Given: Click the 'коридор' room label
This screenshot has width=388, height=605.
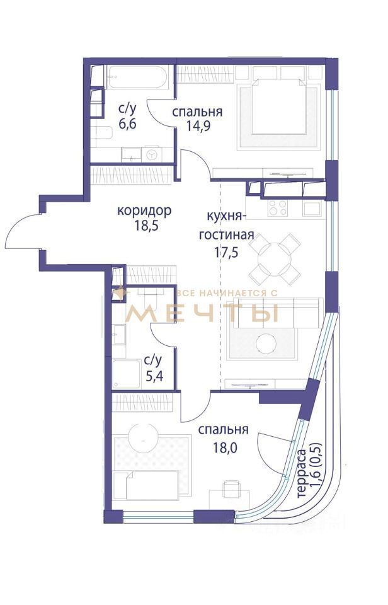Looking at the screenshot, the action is (144, 211).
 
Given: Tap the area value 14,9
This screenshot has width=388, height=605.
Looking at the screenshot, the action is (198, 127).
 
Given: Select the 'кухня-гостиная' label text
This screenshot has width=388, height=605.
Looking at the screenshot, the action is (226, 226).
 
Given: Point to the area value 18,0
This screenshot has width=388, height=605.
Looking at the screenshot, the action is (225, 447).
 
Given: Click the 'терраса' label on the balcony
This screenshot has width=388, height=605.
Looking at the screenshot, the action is (302, 473).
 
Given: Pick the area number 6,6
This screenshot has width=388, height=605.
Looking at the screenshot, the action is (127, 125).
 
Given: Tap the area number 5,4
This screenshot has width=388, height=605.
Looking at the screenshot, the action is (154, 375).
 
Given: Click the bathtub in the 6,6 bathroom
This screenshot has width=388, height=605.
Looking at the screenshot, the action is (137, 78).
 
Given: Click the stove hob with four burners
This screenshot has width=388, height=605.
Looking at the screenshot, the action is (278, 208).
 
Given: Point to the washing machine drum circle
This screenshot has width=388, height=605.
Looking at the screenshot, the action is (152, 154).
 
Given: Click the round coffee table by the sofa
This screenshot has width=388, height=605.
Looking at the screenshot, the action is (266, 343).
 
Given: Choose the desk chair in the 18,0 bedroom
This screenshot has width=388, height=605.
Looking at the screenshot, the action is (231, 489).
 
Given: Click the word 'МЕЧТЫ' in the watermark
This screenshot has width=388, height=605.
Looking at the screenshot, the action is (202, 313).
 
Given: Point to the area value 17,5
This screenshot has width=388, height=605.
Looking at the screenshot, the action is (227, 252).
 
